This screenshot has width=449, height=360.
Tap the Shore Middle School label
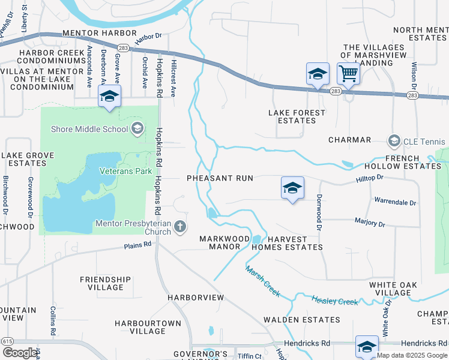(x=89, y=128)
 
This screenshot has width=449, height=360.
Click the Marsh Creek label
(x=262, y=281)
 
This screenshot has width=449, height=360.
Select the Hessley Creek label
(x=334, y=300)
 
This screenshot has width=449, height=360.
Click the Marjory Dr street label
(x=370, y=223)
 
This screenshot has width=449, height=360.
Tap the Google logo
(x=20, y=352)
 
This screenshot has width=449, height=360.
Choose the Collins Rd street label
(x=53, y=321)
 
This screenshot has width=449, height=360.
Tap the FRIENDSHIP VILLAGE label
(x=105, y=283)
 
